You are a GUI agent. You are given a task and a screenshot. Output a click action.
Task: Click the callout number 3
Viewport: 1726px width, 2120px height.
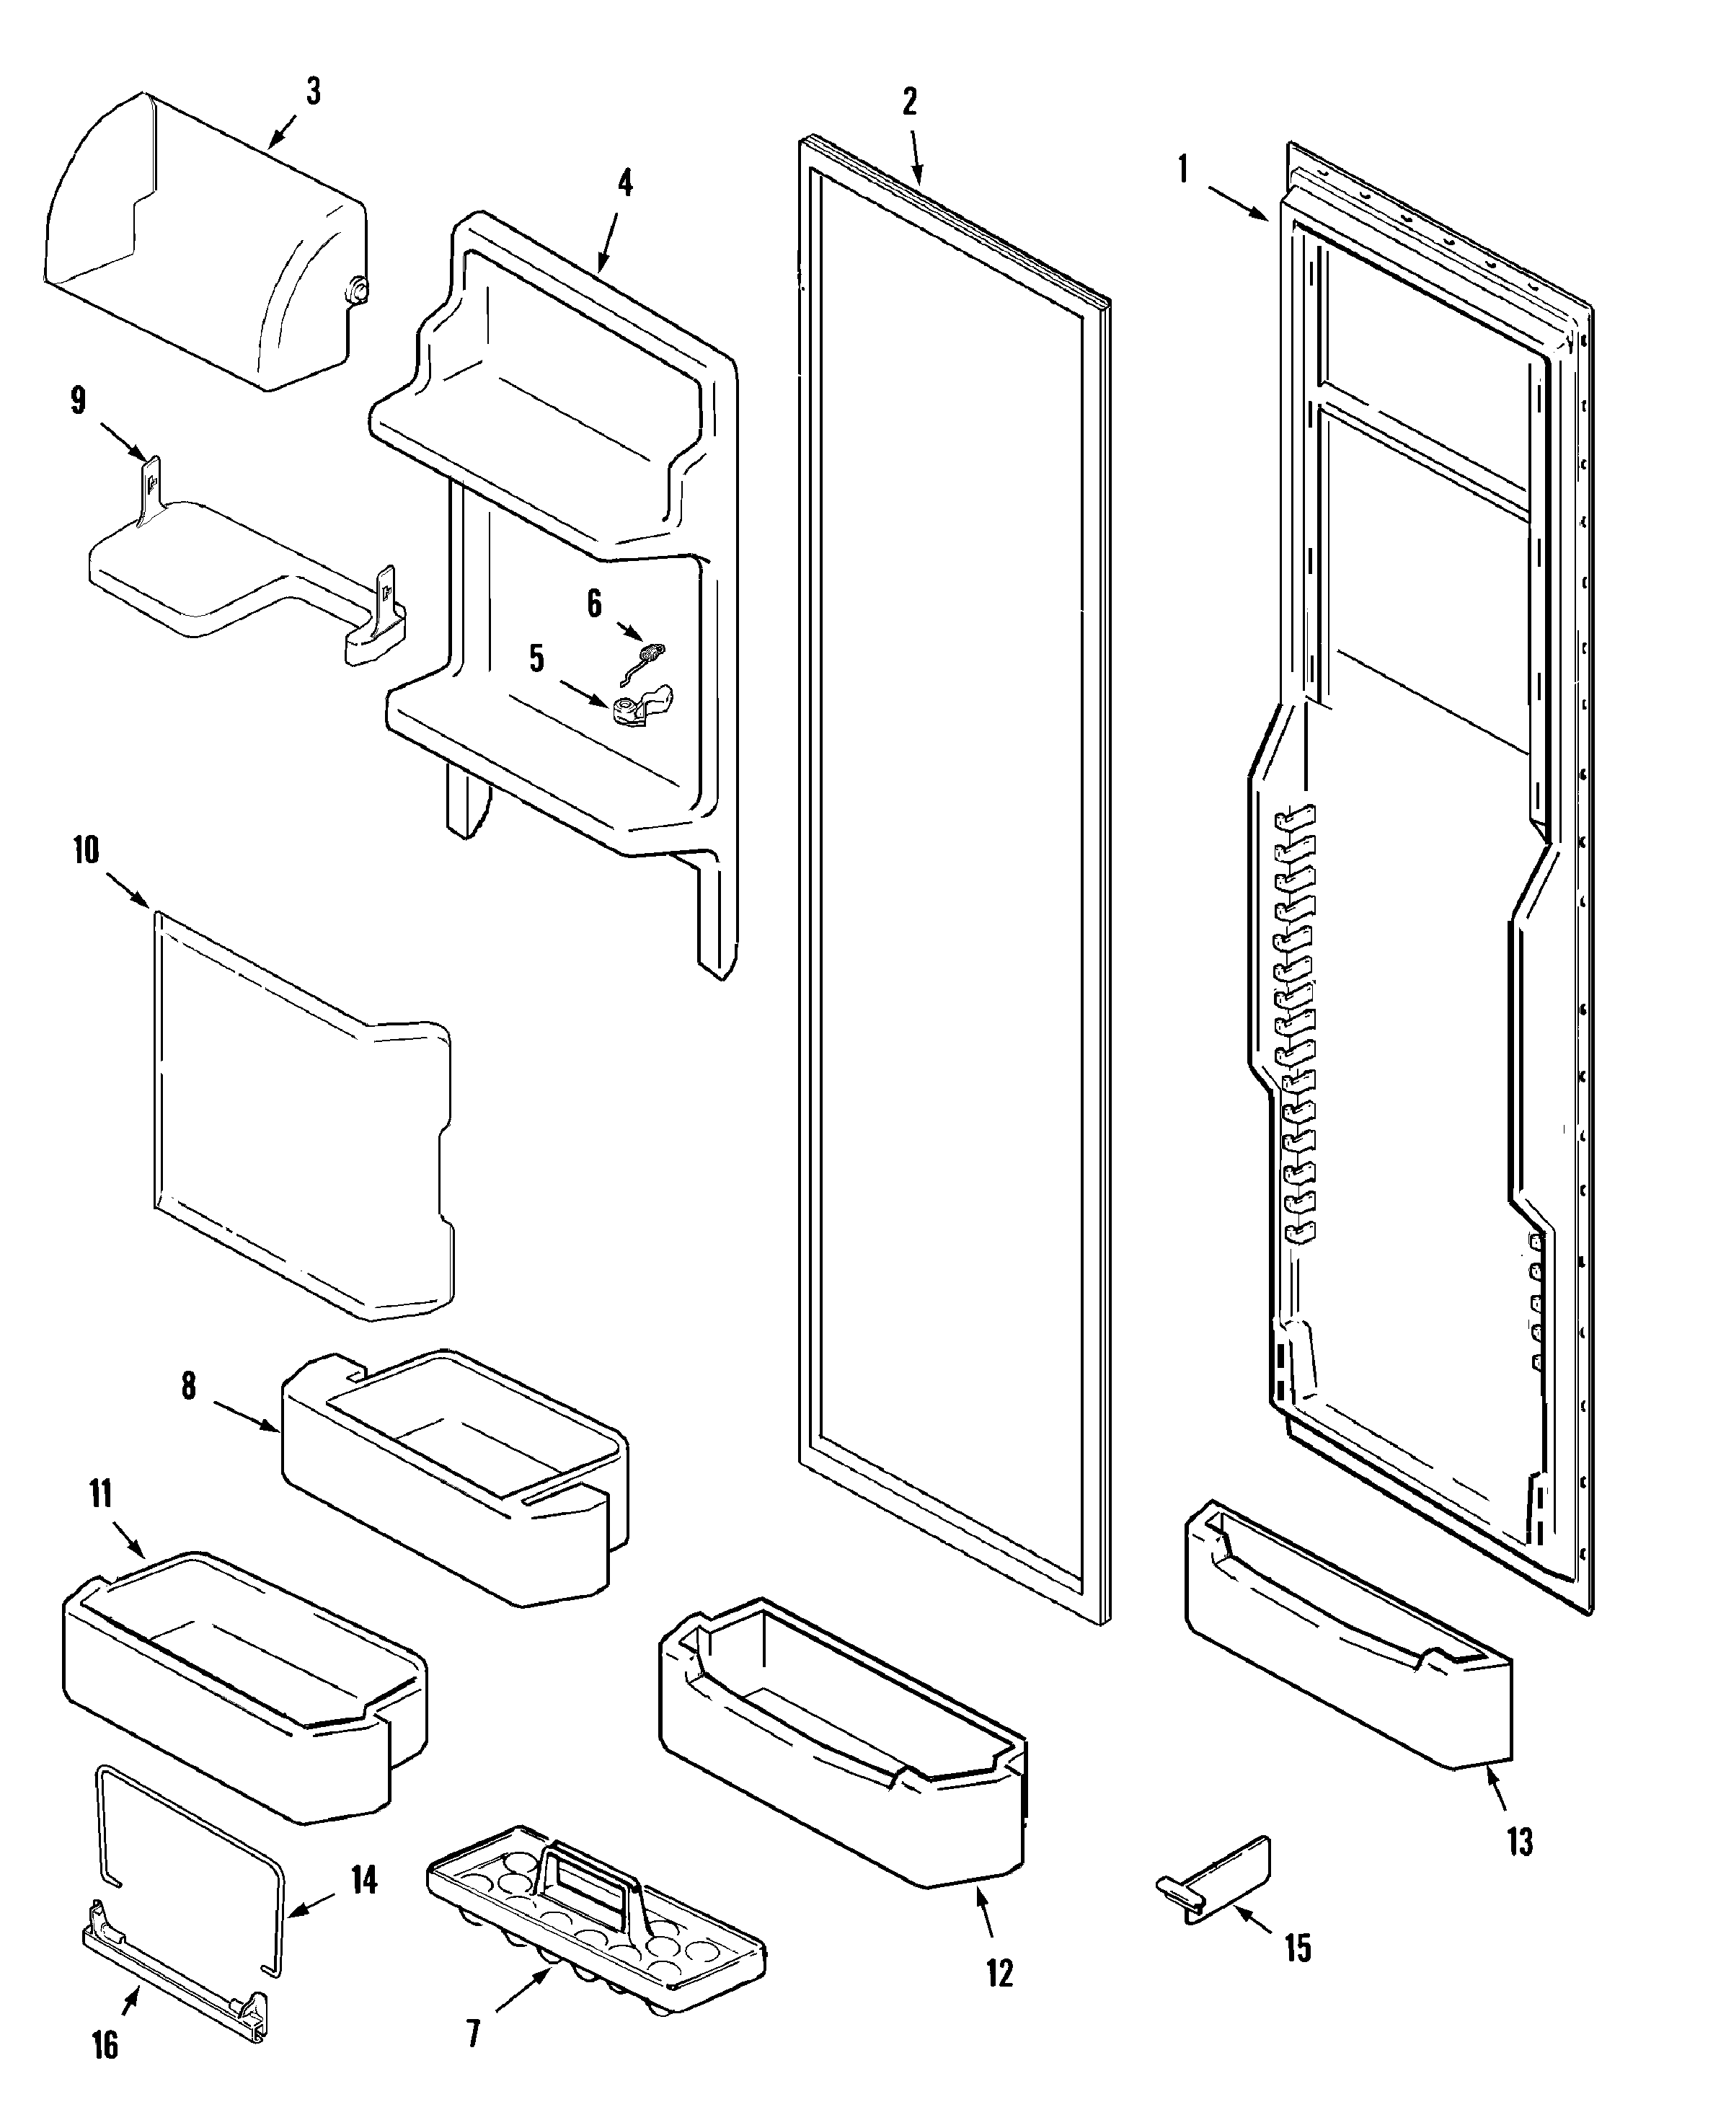pyautogui.click(x=313, y=92)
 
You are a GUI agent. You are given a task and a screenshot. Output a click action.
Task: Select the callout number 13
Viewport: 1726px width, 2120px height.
pyautogui.click(x=1519, y=1842)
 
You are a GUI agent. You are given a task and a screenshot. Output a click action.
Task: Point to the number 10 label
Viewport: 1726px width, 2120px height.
pyautogui.click(x=86, y=850)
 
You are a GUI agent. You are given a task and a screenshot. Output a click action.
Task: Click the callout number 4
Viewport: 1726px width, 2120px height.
pyautogui.click(x=624, y=184)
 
